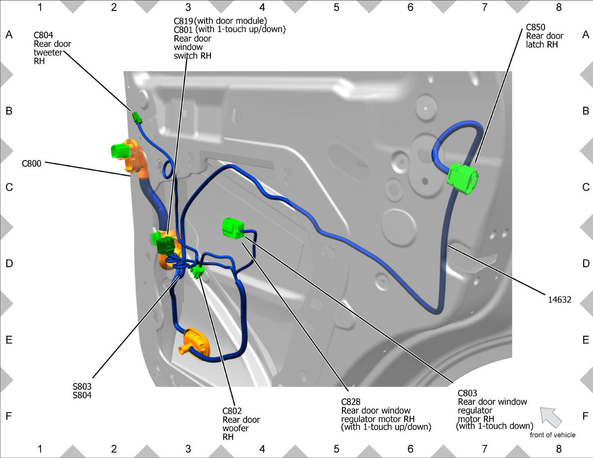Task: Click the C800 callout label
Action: (x=32, y=164)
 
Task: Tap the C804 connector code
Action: (x=43, y=35)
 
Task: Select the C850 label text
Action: (x=535, y=27)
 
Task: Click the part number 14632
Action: (x=559, y=300)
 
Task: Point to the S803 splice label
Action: (x=82, y=386)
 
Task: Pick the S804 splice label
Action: (x=82, y=395)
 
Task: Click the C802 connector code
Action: (x=232, y=411)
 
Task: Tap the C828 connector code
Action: (x=351, y=402)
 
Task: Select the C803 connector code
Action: (x=467, y=393)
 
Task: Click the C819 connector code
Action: (x=183, y=21)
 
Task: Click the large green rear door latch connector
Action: (x=463, y=178)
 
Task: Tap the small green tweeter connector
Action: (x=137, y=118)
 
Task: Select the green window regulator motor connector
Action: (x=233, y=228)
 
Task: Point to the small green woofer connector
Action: (x=198, y=271)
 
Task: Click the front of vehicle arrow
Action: (x=551, y=417)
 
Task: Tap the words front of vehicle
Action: (x=552, y=435)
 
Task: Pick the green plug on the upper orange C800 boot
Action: (x=120, y=151)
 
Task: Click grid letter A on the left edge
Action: (x=9, y=35)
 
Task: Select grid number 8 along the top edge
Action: (x=558, y=7)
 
